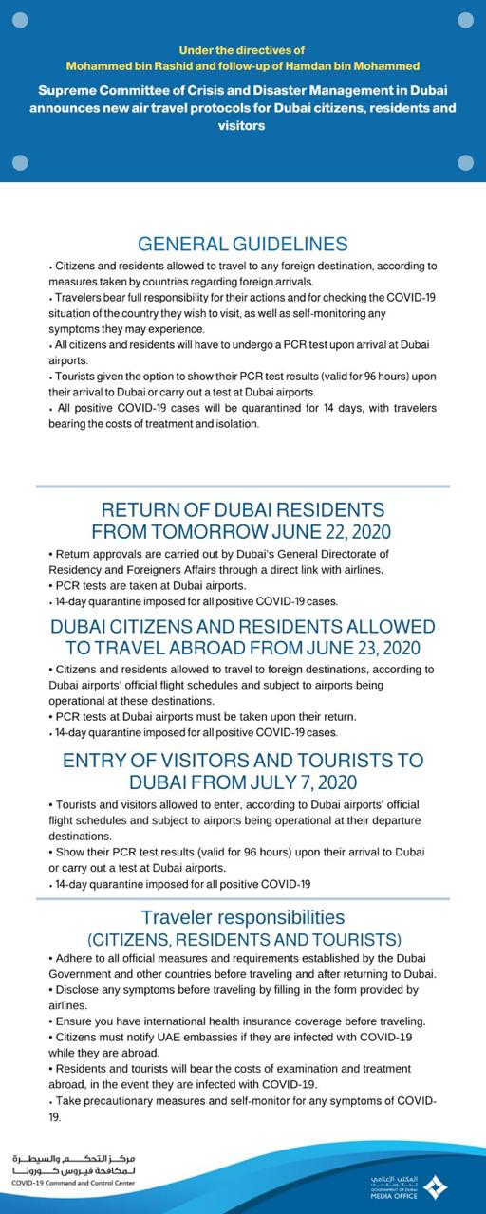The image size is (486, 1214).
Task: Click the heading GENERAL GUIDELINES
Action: point(242,244)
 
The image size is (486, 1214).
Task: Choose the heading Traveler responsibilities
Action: point(242,917)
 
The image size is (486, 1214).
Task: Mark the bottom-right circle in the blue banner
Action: point(465,162)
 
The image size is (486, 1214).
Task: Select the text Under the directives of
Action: point(242,48)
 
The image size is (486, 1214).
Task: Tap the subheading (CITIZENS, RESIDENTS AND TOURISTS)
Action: point(242,939)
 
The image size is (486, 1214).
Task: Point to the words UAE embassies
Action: point(194,1037)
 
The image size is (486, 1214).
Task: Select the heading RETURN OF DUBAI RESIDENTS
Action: point(242,509)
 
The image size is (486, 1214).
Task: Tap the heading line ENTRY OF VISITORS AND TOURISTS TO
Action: point(242,761)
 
